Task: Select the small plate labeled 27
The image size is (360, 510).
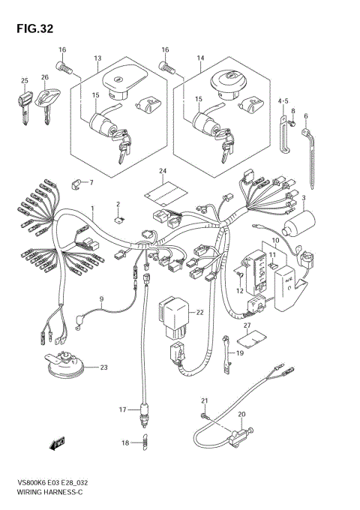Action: [x=255, y=336]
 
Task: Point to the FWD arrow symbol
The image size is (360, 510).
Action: [x=57, y=445]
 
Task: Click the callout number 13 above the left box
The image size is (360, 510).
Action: [x=97, y=58]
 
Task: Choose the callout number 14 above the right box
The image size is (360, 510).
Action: [x=200, y=58]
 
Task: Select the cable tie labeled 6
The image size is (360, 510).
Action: [x=313, y=150]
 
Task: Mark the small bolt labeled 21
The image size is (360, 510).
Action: [x=202, y=415]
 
